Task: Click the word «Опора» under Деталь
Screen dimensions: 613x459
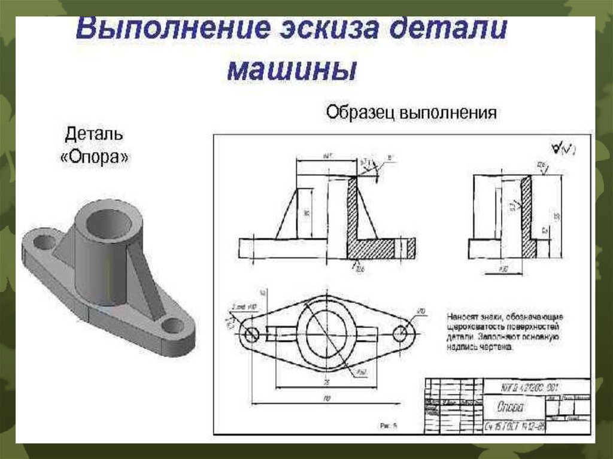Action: tap(95, 159)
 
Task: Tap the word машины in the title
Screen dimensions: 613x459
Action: tap(292, 70)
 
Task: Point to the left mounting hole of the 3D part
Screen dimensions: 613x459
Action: tap(43, 243)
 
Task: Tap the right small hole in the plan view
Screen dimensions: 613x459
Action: tap(399, 333)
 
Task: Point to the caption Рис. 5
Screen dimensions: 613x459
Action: tap(389, 426)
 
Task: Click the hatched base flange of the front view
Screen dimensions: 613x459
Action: tap(380, 247)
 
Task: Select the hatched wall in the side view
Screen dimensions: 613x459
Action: tap(527, 215)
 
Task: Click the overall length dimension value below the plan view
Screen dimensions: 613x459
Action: tap(327, 397)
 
